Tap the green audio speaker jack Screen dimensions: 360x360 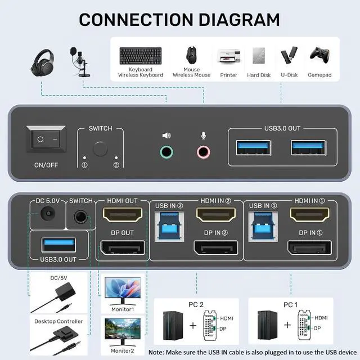point(166,151)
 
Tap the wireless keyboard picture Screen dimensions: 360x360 point(140,56)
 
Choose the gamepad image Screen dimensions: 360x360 point(319,56)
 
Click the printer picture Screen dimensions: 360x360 point(228,58)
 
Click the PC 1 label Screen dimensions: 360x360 point(290,304)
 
